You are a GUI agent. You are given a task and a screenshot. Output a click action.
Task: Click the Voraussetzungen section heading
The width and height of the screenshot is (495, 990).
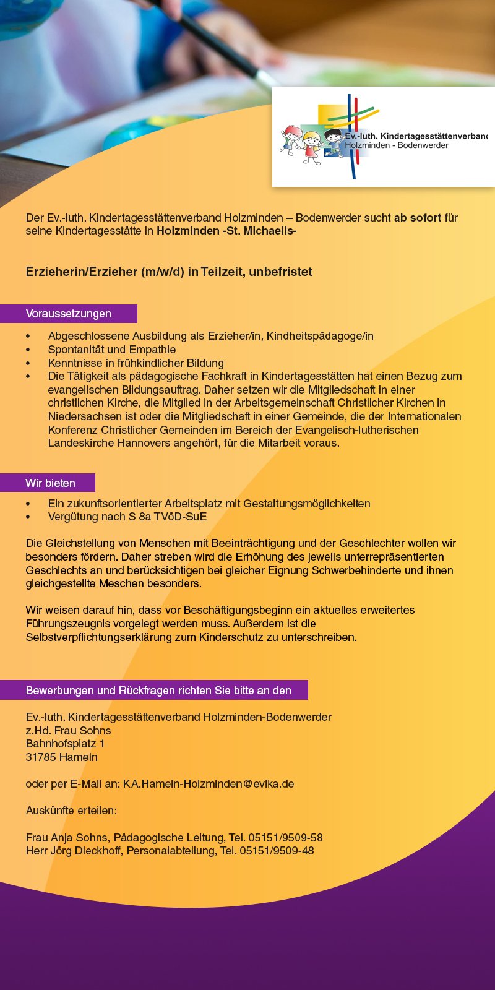(69, 314)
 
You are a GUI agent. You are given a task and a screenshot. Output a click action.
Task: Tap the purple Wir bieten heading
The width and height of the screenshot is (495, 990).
(50, 483)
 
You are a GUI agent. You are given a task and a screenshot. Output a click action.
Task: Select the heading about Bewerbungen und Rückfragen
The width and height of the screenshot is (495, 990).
(158, 691)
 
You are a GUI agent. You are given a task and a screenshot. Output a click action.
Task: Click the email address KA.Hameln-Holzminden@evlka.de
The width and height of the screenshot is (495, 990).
(209, 784)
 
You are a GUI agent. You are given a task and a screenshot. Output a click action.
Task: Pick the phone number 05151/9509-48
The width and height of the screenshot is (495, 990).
(277, 851)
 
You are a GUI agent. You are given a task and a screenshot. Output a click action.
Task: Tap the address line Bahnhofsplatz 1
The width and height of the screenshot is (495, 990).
(65, 744)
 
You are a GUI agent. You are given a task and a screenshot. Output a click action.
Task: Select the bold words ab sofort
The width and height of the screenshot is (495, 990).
(418, 218)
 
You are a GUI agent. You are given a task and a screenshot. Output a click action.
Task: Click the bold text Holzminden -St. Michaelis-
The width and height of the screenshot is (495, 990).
(226, 231)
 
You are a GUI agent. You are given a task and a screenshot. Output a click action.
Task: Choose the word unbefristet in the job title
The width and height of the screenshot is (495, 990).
(280, 272)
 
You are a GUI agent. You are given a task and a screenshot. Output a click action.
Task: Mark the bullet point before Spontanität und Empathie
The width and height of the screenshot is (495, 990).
(28, 350)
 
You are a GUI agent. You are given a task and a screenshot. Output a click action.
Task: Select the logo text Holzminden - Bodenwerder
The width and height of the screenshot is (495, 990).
(397, 145)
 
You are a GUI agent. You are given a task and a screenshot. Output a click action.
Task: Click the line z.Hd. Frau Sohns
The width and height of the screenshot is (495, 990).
(68, 731)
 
